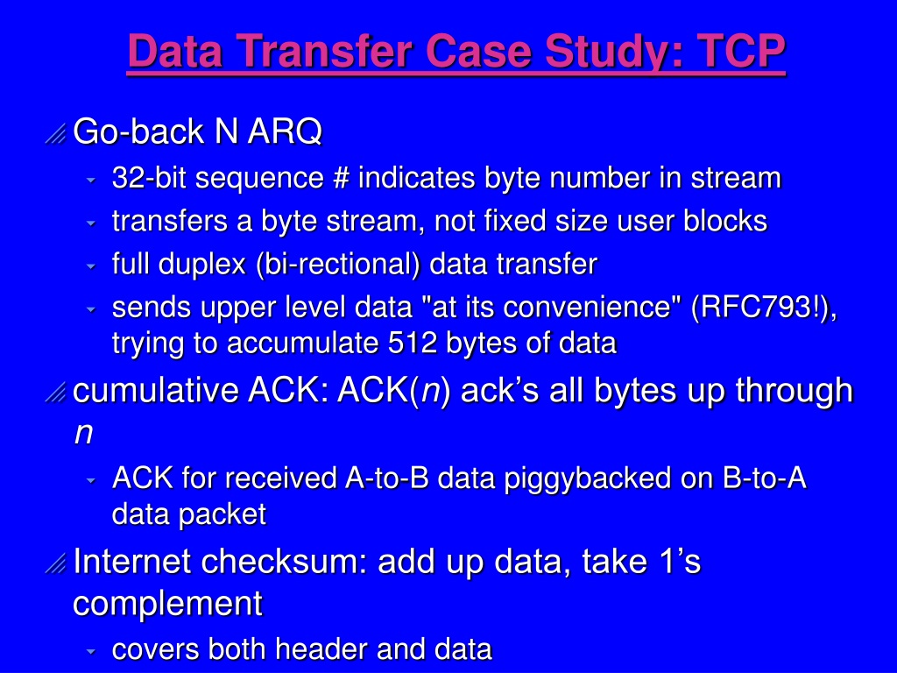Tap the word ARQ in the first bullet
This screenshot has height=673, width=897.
[285, 132]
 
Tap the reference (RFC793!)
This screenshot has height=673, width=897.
[761, 308]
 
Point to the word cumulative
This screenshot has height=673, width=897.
[156, 390]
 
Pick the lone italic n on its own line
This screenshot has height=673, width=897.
[83, 433]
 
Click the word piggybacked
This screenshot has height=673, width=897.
[588, 478]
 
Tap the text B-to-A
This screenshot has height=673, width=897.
[764, 478]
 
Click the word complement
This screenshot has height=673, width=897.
[168, 604]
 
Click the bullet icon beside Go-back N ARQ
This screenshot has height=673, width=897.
[55, 134]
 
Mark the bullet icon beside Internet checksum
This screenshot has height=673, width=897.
[55, 563]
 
